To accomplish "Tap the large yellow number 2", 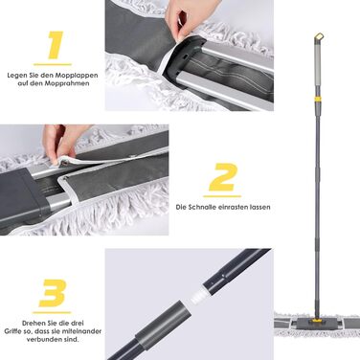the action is coord(223,177).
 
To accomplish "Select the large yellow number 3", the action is coord(53,293).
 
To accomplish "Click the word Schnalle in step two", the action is coord(203,207).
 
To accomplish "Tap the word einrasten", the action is coord(235,207).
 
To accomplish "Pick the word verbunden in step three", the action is coord(47,339).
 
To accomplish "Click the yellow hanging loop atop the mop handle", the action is coord(319,36).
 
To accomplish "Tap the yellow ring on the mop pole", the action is coord(317,100).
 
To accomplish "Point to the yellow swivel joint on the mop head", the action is coord(316,319).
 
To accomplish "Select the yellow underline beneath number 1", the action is coord(53,65).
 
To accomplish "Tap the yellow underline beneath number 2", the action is coord(222,196).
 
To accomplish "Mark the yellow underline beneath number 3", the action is coord(52,312).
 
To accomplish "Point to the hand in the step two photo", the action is coord(62,142).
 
